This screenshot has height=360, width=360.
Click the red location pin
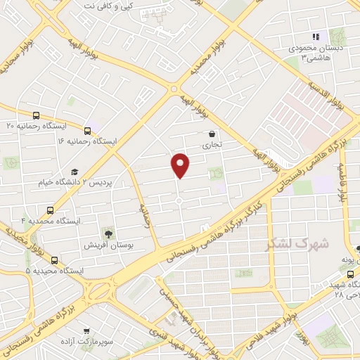pos(181,165)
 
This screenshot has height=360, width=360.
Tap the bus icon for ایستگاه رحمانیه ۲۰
pos(37,115)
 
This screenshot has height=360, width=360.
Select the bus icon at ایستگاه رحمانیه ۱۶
pos(88,130)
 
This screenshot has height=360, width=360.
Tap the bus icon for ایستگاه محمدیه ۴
pos(50,210)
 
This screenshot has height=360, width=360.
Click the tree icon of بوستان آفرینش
pos(108,234)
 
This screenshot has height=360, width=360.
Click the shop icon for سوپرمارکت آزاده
pos(86,331)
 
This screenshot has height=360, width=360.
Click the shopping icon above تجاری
pos(212,134)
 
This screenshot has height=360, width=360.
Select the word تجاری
pos(212,145)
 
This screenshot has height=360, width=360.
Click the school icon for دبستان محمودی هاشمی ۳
pos(316,37)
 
